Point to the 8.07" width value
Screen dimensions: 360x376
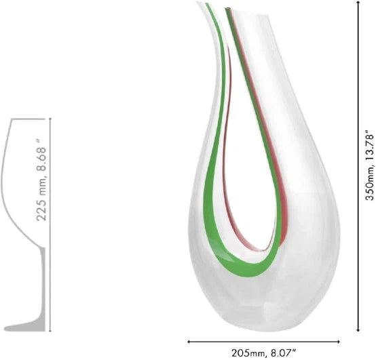tap(286, 353)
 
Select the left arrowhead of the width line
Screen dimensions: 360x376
tap(189, 342)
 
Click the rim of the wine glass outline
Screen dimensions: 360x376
tap(31, 118)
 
